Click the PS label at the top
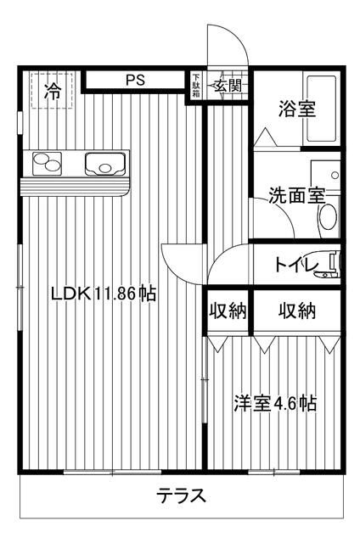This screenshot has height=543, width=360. tap(135, 81)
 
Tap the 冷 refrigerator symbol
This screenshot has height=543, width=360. tap(53, 90)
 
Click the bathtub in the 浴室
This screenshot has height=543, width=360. tap(323, 109)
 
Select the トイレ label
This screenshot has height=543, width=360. tap(296, 266)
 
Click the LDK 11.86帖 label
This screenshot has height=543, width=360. tap(103, 294)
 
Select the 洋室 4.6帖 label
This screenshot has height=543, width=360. tap(275, 403)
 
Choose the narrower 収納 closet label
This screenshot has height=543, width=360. tap(228, 311)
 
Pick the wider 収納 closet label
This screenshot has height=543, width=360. tap(297, 311)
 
